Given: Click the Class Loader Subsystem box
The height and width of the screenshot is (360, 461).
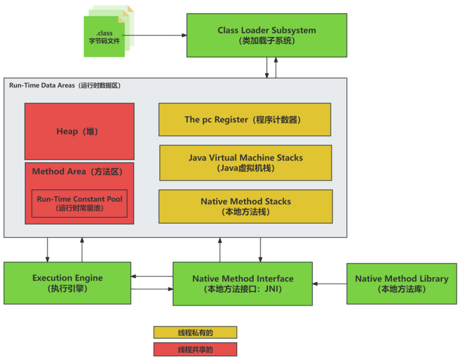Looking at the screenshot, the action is click(267, 35).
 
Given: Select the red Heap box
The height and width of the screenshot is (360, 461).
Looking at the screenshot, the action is click(80, 131).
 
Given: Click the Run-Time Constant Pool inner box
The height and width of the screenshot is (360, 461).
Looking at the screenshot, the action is click(80, 203).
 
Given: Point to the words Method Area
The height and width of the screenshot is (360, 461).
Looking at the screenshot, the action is click(59, 172).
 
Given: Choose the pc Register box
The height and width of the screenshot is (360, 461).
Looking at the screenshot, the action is click(245, 120).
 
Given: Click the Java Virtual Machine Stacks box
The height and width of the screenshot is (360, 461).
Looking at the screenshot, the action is click(246, 163).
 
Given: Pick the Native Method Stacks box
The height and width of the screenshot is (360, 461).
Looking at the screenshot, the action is click(246, 207).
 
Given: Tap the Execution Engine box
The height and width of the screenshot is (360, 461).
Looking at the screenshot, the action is click(67, 283).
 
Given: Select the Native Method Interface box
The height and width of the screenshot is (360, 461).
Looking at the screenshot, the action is click(242, 284).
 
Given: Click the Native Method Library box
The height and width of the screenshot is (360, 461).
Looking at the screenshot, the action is click(401, 284).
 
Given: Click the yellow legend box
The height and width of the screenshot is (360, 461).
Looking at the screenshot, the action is click(195, 332).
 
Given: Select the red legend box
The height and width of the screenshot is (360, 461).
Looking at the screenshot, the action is click(195, 349).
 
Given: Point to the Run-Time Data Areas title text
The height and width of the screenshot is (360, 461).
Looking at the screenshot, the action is click(65, 86).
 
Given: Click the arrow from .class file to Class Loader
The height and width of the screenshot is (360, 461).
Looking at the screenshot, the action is click(154, 35).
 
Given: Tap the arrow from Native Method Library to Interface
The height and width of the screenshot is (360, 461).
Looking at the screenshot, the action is click(329, 284).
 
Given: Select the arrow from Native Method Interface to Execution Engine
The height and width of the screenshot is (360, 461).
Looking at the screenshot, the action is click(152, 276).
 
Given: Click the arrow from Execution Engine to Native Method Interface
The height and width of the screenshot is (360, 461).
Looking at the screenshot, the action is click(152, 289).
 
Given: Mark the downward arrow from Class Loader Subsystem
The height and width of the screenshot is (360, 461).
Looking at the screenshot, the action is click(267, 68).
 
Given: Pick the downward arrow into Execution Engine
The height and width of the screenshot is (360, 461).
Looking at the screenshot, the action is click(48, 250).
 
